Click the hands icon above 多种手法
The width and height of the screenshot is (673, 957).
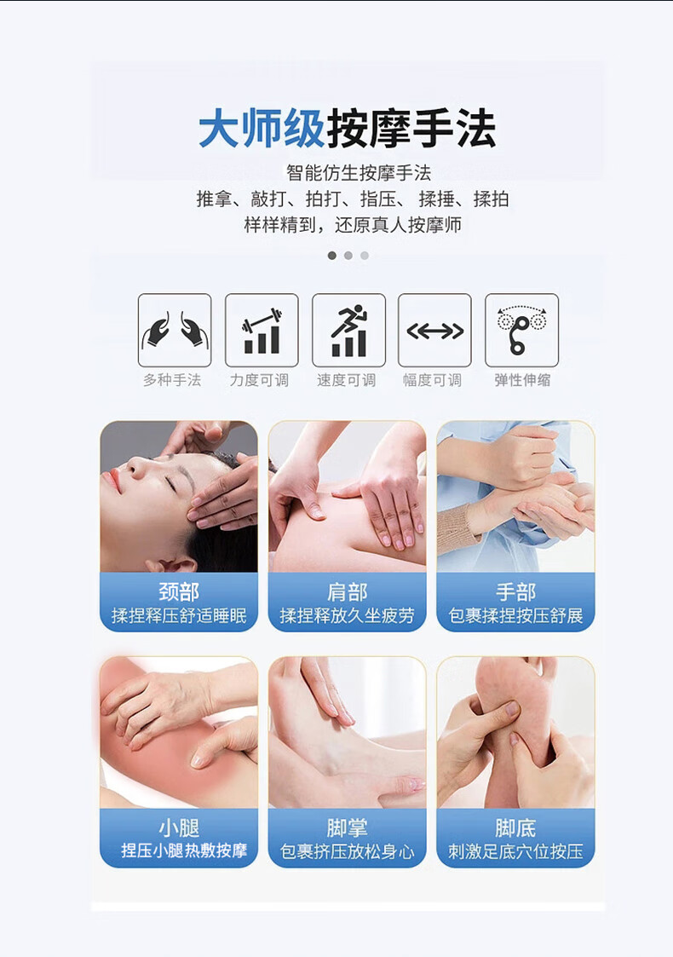(x=175, y=330)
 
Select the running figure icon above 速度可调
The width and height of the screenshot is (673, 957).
(x=348, y=330)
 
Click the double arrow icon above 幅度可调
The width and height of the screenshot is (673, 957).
(x=435, y=330)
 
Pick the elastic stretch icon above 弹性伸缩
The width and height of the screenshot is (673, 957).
(x=521, y=330)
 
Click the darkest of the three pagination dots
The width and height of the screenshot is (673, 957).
(x=332, y=255)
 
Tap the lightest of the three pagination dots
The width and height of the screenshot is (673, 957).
(x=365, y=255)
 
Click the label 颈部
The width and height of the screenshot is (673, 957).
(x=179, y=592)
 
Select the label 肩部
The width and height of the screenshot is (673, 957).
(x=348, y=592)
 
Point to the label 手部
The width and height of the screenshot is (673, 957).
(x=515, y=592)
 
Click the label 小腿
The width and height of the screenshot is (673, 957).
(x=179, y=828)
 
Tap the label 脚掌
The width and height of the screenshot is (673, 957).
(x=348, y=828)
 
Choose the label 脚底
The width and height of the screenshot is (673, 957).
(x=515, y=828)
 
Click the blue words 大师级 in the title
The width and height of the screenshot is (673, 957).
(x=262, y=129)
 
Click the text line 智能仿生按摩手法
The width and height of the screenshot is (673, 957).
(x=359, y=173)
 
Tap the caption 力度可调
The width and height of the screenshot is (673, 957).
(x=259, y=380)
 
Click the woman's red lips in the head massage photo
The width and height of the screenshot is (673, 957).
(x=112, y=481)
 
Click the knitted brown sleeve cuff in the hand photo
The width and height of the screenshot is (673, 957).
(x=458, y=526)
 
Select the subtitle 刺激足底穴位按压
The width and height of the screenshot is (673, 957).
(x=515, y=851)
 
